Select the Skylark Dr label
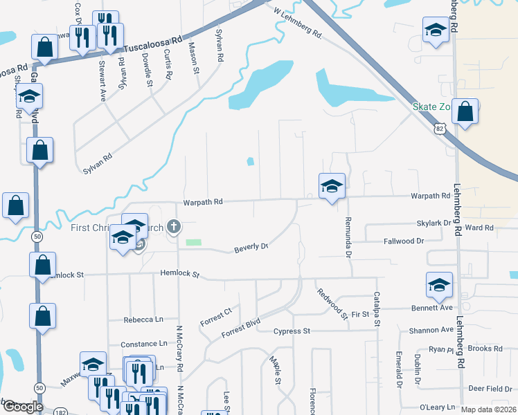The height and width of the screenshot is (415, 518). click(434, 224)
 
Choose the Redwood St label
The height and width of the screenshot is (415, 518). click(333, 304)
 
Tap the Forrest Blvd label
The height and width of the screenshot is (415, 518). click(240, 328)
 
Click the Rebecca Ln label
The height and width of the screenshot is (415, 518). click(143, 320)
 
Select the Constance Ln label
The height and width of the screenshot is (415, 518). click(143, 344)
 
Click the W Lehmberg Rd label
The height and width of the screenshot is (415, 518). click(298, 23)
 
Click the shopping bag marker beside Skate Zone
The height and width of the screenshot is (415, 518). click(465, 112)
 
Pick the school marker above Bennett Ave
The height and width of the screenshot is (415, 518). click(439, 285)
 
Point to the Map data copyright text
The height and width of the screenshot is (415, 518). click(488, 409)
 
